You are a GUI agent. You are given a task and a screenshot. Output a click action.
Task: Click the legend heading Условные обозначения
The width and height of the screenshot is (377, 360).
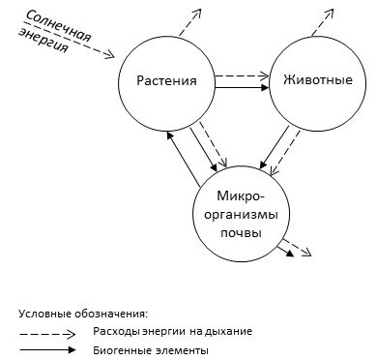[x=82, y=314]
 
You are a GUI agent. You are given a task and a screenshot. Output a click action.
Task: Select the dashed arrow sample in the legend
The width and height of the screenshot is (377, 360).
[x=47, y=331]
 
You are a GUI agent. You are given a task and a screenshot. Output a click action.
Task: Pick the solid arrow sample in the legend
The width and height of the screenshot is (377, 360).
[x=47, y=349]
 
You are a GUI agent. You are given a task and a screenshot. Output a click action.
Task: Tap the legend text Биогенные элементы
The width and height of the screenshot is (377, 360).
[x=151, y=349]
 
